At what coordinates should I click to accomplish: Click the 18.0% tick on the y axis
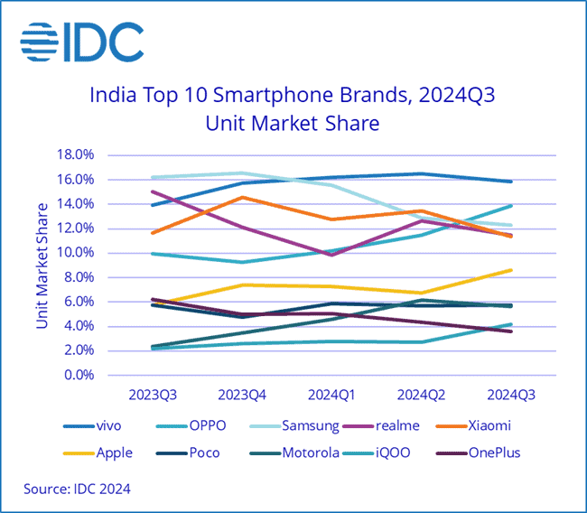(x=76, y=154)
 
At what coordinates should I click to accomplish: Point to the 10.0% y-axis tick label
(x=76, y=253)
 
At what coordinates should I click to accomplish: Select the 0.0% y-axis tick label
(x=79, y=375)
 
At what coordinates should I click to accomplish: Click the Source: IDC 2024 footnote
(x=78, y=490)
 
